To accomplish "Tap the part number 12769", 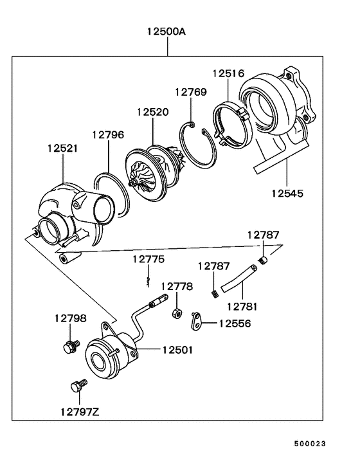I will [x=191, y=92].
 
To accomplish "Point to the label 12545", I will [x=286, y=192].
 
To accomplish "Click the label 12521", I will [x=62, y=148].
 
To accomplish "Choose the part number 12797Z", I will [x=79, y=411].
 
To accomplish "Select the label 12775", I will [x=148, y=259].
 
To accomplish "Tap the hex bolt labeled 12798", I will [x=69, y=347].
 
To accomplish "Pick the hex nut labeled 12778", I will [x=175, y=313].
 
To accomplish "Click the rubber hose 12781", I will [x=242, y=276].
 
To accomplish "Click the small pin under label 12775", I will [x=148, y=280].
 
